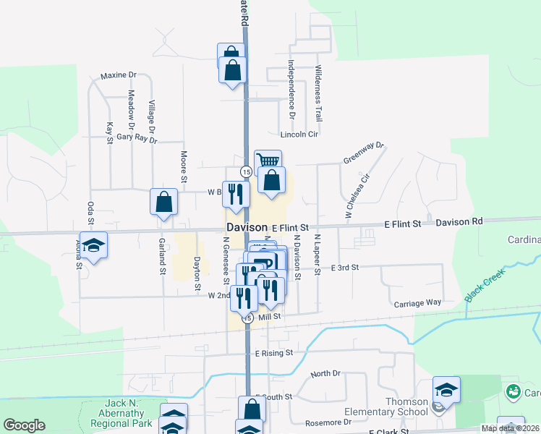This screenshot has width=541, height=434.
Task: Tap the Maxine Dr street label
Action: tap(119, 75)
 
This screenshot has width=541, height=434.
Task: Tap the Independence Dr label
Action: tap(292, 89)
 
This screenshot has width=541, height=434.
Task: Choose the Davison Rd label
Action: tap(459, 223)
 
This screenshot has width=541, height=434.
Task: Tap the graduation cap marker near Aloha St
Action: tap(94, 246)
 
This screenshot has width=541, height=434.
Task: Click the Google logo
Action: tap(24, 425)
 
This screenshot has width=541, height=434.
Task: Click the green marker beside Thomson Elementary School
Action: tap(514, 393)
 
